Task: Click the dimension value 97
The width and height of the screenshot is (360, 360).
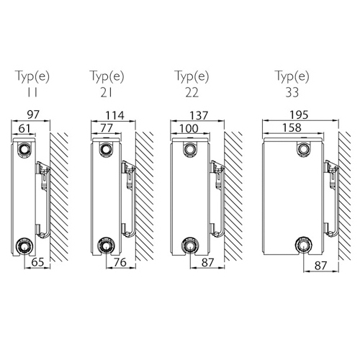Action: (x=33, y=114)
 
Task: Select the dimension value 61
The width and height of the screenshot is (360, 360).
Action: (x=24, y=129)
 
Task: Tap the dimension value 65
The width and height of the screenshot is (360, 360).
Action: (x=37, y=262)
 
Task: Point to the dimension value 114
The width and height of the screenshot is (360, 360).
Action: (x=115, y=115)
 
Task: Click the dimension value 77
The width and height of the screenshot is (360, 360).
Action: (x=107, y=128)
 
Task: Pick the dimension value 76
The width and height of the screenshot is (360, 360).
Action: (x=120, y=262)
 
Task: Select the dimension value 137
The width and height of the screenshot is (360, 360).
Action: (x=198, y=116)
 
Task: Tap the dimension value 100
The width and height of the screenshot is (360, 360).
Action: (x=189, y=129)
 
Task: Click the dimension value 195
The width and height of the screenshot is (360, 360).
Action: (x=299, y=115)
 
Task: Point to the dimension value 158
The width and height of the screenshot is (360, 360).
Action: (x=292, y=127)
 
